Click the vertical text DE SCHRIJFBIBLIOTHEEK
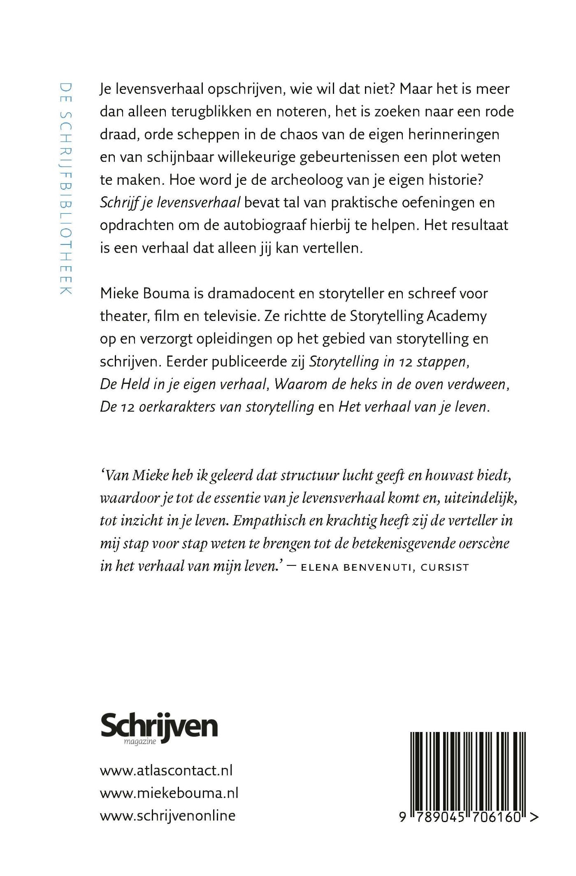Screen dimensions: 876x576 tap(66, 189)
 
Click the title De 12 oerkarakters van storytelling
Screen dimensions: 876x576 tap(207, 407)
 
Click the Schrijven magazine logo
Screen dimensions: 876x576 tap(159, 729)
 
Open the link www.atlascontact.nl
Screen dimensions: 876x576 tap(166, 770)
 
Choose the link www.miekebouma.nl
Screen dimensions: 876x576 tap(169, 793)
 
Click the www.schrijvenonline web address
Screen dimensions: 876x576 tap(168, 816)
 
